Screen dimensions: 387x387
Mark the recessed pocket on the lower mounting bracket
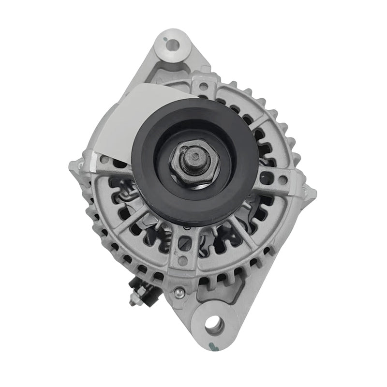[251, 285]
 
